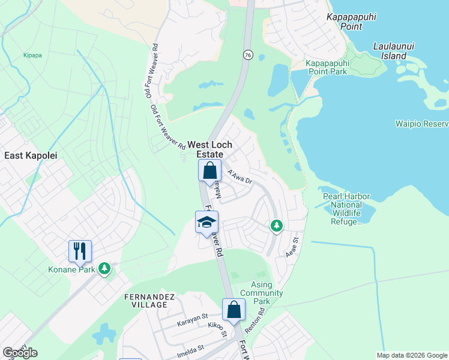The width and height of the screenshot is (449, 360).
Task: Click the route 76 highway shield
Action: coord(248,55)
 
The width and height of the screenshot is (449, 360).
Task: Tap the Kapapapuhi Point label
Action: coord(352,22)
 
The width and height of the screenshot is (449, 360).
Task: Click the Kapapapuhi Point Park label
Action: coord(327,67)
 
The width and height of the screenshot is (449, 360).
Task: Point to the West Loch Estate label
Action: coord(210,149)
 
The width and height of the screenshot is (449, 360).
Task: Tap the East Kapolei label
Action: coord(31,155)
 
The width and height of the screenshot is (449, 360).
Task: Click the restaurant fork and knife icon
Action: coord(80,250)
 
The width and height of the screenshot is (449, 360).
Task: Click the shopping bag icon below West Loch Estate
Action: coord(210,170)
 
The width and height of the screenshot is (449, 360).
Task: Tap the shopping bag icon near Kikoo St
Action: coord(234,310)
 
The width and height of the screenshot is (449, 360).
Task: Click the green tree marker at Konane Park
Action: coord(104,268)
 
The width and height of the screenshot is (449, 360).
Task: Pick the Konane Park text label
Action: coord(71,269)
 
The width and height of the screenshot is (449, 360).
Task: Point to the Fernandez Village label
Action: coord(145,301)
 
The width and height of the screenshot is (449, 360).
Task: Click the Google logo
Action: coord(20,353)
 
